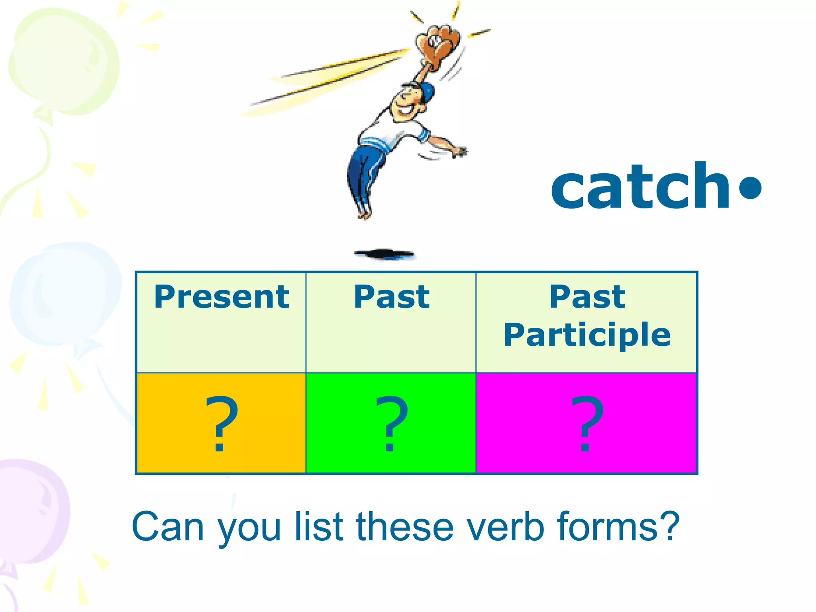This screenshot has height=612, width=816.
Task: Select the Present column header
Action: (222, 297)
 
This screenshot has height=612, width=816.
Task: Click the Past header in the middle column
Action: (392, 297)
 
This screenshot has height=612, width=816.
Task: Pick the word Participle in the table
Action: (587, 335)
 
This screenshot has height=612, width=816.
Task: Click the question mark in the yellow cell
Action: (221, 424)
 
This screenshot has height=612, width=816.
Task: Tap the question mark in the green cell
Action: (391, 424)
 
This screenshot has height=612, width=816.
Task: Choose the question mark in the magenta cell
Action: (586, 424)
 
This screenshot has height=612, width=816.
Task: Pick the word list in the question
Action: (319, 527)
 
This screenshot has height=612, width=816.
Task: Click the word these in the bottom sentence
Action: (405, 527)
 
